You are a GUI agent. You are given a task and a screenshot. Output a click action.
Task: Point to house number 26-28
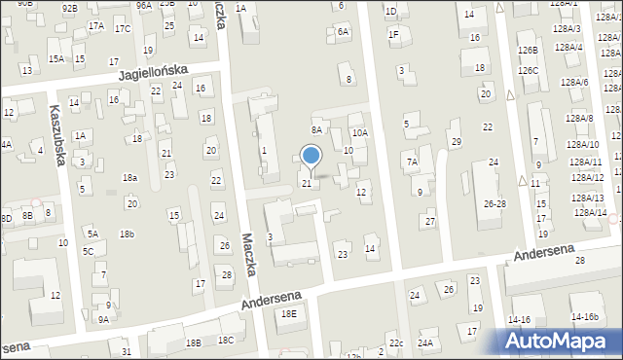495,203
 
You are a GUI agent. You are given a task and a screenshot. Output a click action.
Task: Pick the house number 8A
316,129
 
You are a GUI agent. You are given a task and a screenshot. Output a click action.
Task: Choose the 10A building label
360,132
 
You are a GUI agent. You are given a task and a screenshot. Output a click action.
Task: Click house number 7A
412,162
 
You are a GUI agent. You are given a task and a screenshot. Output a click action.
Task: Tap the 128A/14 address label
589,212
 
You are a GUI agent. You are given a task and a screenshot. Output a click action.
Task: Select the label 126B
529,50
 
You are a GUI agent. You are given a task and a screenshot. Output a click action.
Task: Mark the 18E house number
288,313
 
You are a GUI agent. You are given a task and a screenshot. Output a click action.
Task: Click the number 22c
395,343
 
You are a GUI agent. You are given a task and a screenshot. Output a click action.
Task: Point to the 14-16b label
584,317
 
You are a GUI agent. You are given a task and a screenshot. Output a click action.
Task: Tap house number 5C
88,251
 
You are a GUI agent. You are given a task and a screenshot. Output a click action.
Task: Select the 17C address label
123,28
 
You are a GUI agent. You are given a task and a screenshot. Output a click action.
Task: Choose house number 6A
343,31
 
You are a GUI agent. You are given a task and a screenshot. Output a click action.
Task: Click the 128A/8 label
580,118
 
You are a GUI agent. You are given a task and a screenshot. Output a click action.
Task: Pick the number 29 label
456,142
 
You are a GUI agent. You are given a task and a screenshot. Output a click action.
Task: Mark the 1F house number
393,34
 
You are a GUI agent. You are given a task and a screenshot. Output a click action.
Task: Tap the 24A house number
425,342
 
